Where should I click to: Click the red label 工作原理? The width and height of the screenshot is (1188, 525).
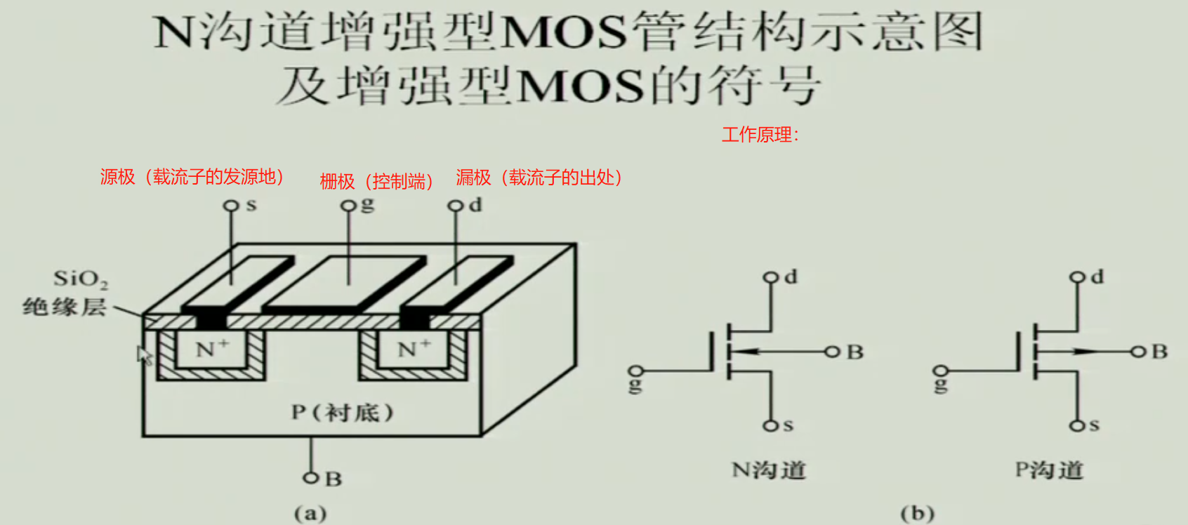pyautogui.click(x=759, y=135)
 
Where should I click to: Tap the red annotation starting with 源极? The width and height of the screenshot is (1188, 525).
pyautogui.click(x=192, y=177)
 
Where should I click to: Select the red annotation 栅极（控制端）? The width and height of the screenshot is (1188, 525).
pyautogui.click(x=376, y=182)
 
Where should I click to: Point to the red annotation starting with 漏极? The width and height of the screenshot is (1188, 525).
pyautogui.click(x=539, y=178)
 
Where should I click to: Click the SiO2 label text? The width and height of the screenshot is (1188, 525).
pyautogui.click(x=81, y=279)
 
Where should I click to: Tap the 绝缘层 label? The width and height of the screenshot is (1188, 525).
pyautogui.click(x=65, y=307)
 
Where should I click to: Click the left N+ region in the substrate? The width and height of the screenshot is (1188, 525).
pyautogui.click(x=211, y=349)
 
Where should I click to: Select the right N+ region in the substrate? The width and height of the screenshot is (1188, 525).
pyautogui.click(x=414, y=349)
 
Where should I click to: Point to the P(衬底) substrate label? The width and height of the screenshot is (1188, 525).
pyautogui.click(x=343, y=412)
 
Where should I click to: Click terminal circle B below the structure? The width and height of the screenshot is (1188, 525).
pyautogui.click(x=310, y=478)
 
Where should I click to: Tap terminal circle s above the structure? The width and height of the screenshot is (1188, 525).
pyautogui.click(x=230, y=206)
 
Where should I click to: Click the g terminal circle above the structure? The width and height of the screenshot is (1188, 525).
pyautogui.click(x=348, y=206)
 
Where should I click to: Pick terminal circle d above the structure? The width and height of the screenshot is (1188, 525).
pyautogui.click(x=456, y=206)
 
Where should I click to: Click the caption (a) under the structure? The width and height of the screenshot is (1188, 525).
pyautogui.click(x=310, y=513)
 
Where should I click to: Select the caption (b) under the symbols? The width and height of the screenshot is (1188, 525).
pyautogui.click(x=917, y=513)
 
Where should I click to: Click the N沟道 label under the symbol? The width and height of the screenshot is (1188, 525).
pyautogui.click(x=769, y=470)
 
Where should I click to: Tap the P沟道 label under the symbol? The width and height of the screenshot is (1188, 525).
pyautogui.click(x=1050, y=470)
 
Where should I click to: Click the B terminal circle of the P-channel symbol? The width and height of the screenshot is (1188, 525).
pyautogui.click(x=1137, y=352)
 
